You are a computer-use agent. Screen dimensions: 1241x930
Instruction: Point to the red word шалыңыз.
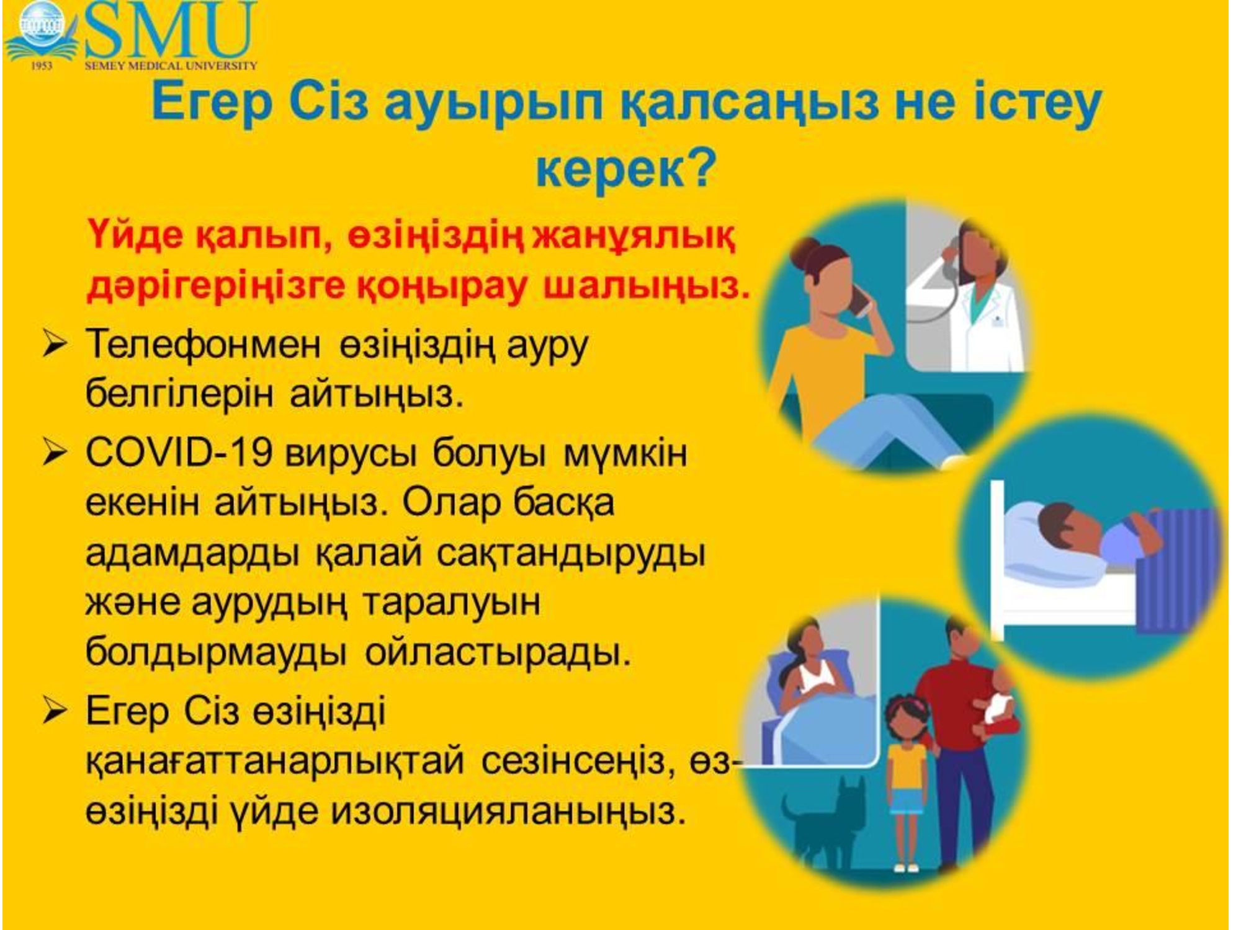click(x=647, y=286)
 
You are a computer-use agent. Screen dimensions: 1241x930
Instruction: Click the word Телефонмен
click(x=204, y=344)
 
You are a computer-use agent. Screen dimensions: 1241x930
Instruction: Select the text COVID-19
click(x=179, y=452)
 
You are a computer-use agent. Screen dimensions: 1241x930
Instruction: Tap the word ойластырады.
click(x=498, y=652)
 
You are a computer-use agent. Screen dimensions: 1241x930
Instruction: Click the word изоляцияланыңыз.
click(x=508, y=812)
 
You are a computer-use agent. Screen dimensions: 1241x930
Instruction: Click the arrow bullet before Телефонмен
click(x=55, y=344)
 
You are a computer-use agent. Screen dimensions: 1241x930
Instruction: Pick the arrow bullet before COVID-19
click(x=55, y=453)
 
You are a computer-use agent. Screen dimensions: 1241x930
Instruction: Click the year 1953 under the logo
click(x=42, y=66)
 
